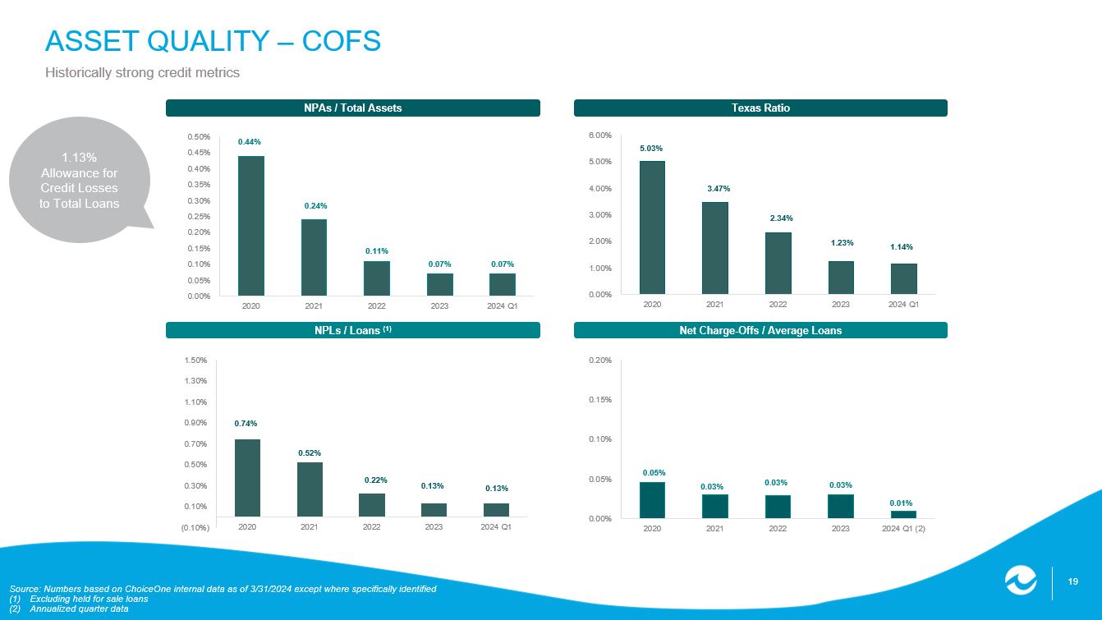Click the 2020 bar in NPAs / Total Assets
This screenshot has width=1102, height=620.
251,225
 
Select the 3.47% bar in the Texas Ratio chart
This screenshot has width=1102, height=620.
715,247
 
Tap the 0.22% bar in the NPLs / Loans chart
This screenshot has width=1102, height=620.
372,504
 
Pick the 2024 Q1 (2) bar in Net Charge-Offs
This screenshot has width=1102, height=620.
903,514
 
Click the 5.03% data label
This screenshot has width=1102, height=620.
651,149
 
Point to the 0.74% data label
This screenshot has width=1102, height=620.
246,424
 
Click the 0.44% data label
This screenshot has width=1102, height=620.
250,142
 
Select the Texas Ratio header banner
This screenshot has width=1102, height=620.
760,108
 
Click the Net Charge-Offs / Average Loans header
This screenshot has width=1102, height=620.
760,330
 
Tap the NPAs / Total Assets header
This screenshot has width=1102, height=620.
353,108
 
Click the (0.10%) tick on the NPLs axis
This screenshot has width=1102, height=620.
195,527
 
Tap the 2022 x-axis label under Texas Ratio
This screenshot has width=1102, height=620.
778,305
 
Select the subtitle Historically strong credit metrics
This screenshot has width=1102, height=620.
142,72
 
